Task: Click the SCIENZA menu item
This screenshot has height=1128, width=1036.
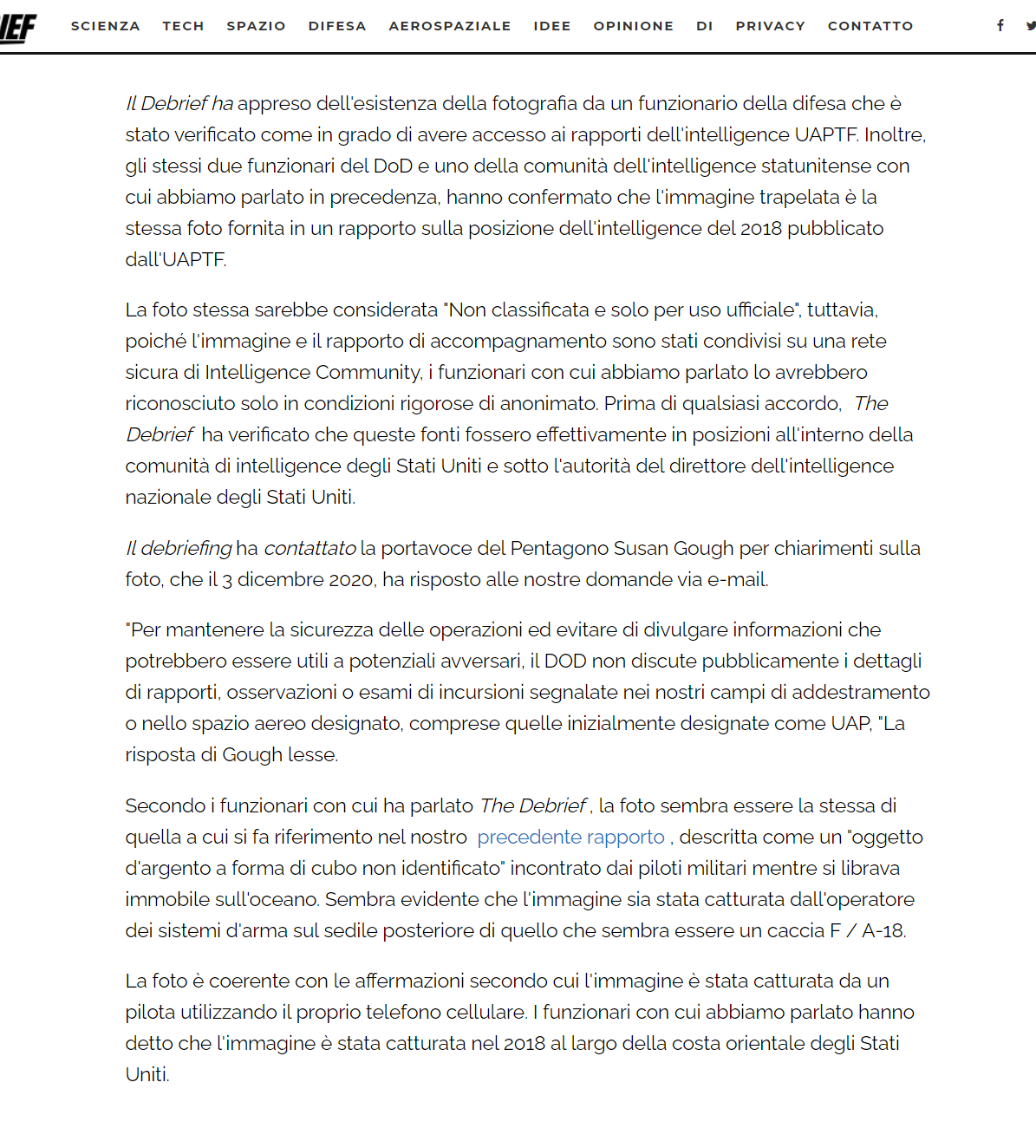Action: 105,26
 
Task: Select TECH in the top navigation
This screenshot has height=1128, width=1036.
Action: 183,26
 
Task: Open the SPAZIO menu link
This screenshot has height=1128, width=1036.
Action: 256,26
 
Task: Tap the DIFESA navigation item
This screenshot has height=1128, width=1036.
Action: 337,26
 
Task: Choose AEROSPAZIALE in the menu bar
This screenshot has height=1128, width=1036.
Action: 449,26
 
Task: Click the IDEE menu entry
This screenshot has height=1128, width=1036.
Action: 551,26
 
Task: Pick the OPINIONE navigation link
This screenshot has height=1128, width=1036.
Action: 633,26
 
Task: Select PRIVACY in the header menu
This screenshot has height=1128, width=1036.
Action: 770,26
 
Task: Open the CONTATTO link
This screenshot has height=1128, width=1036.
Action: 870,26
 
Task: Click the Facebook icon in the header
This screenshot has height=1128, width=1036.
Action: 1000,26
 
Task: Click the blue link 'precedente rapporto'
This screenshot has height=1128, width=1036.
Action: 570,838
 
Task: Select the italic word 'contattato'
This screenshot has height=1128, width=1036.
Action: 309,549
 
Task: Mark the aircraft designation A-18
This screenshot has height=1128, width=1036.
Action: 883,931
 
